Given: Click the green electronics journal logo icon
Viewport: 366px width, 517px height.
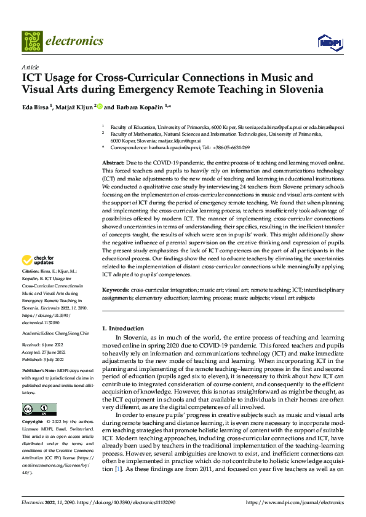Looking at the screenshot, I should coord(32,41).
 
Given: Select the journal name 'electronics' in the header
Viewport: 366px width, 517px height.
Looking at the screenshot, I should coord(74,41).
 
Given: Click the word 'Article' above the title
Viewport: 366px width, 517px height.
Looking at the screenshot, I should coord(30,67).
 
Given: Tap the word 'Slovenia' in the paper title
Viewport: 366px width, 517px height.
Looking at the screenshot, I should coord(300,89).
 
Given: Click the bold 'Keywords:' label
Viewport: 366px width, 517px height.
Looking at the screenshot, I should coord(115,289).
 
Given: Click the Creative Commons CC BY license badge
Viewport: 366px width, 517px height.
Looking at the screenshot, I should coord(39,410).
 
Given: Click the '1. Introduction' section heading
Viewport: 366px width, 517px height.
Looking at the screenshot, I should coord(123,328).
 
